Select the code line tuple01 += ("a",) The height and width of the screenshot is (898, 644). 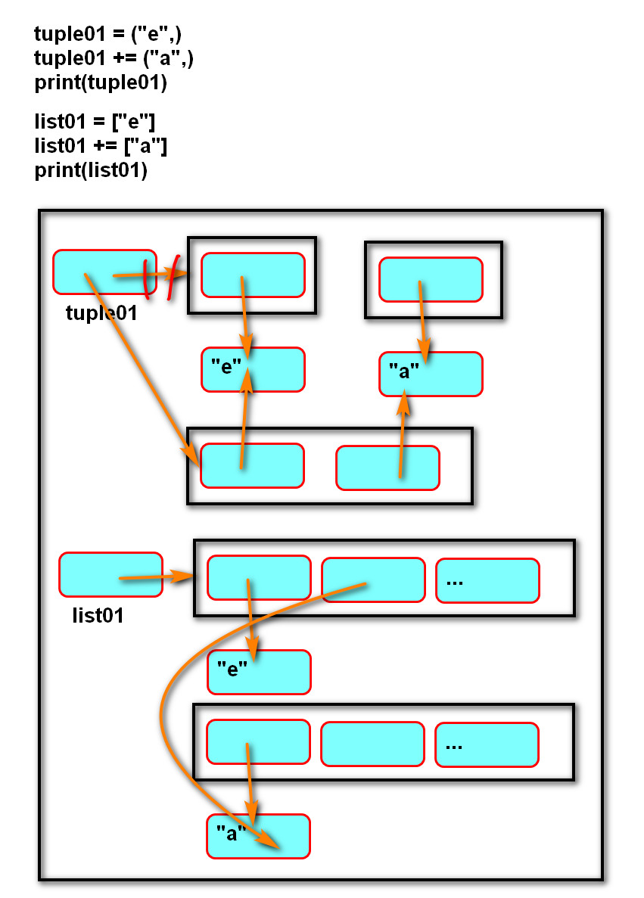point(114,58)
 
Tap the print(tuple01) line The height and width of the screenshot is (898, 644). point(100,82)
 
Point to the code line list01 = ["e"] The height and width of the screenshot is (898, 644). point(95,122)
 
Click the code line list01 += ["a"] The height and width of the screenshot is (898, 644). point(101,145)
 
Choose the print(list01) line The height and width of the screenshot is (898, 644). point(90,170)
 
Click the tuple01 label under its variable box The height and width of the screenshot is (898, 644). point(101,312)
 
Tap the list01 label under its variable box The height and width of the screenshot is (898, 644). point(98,615)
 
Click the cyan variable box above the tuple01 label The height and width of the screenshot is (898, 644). point(104,272)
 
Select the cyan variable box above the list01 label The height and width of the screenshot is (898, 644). point(110,574)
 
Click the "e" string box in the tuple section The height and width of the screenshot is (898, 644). point(253,370)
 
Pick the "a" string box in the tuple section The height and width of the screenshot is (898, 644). point(431,374)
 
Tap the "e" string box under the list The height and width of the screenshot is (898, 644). point(259,672)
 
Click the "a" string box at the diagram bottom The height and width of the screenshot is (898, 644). point(258,836)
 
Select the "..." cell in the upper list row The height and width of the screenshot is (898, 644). point(487,581)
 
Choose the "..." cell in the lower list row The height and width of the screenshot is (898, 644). point(487,744)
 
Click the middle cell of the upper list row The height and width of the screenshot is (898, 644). point(373,580)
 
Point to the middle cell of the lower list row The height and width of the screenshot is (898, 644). point(372,744)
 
